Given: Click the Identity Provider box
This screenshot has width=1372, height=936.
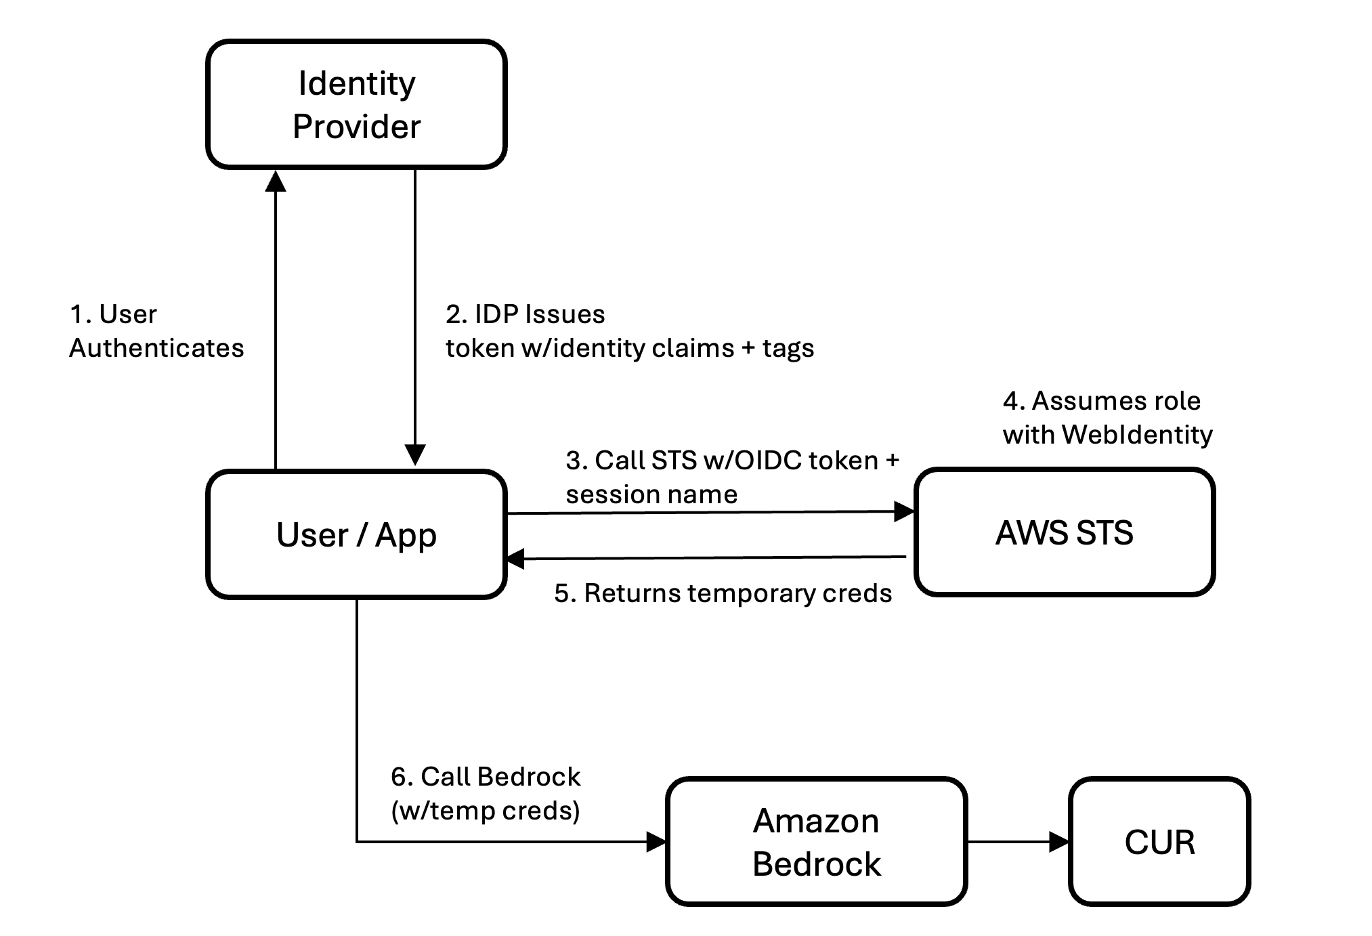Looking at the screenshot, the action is click(356, 104).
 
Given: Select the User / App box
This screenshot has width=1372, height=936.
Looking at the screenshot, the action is click(356, 534).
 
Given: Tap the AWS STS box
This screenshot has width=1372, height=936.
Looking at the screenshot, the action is click(1065, 532).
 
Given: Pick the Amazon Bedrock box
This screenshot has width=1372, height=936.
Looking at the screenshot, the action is click(817, 842).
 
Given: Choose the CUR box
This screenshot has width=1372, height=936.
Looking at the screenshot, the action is click(1159, 842).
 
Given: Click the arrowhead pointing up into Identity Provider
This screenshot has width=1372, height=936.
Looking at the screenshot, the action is click(276, 181).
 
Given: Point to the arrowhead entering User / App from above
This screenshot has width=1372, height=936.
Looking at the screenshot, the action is click(415, 455).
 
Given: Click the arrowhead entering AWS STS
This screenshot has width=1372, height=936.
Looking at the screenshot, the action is click(904, 511).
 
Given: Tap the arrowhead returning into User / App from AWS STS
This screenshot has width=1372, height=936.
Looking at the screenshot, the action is click(517, 559).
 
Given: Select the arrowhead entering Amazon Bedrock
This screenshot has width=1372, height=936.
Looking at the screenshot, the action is click(656, 842).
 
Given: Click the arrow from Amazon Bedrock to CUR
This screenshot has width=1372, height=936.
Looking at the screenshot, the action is click(1019, 842).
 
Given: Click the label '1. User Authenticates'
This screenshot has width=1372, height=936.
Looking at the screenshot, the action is click(156, 331).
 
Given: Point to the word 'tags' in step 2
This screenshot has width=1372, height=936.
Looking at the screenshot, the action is click(788, 349).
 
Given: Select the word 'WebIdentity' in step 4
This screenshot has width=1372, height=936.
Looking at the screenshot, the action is click(1137, 435).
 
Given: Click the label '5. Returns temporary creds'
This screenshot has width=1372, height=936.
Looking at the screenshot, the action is click(723, 593).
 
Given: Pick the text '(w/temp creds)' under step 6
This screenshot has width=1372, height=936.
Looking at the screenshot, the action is click(486, 811).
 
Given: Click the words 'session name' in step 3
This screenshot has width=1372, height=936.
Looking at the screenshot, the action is click(651, 494).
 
